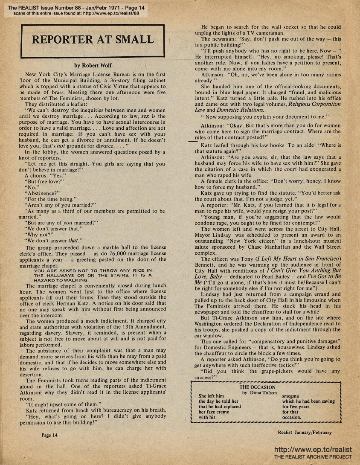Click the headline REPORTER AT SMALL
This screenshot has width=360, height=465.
93,40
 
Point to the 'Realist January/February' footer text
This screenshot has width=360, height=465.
304,432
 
